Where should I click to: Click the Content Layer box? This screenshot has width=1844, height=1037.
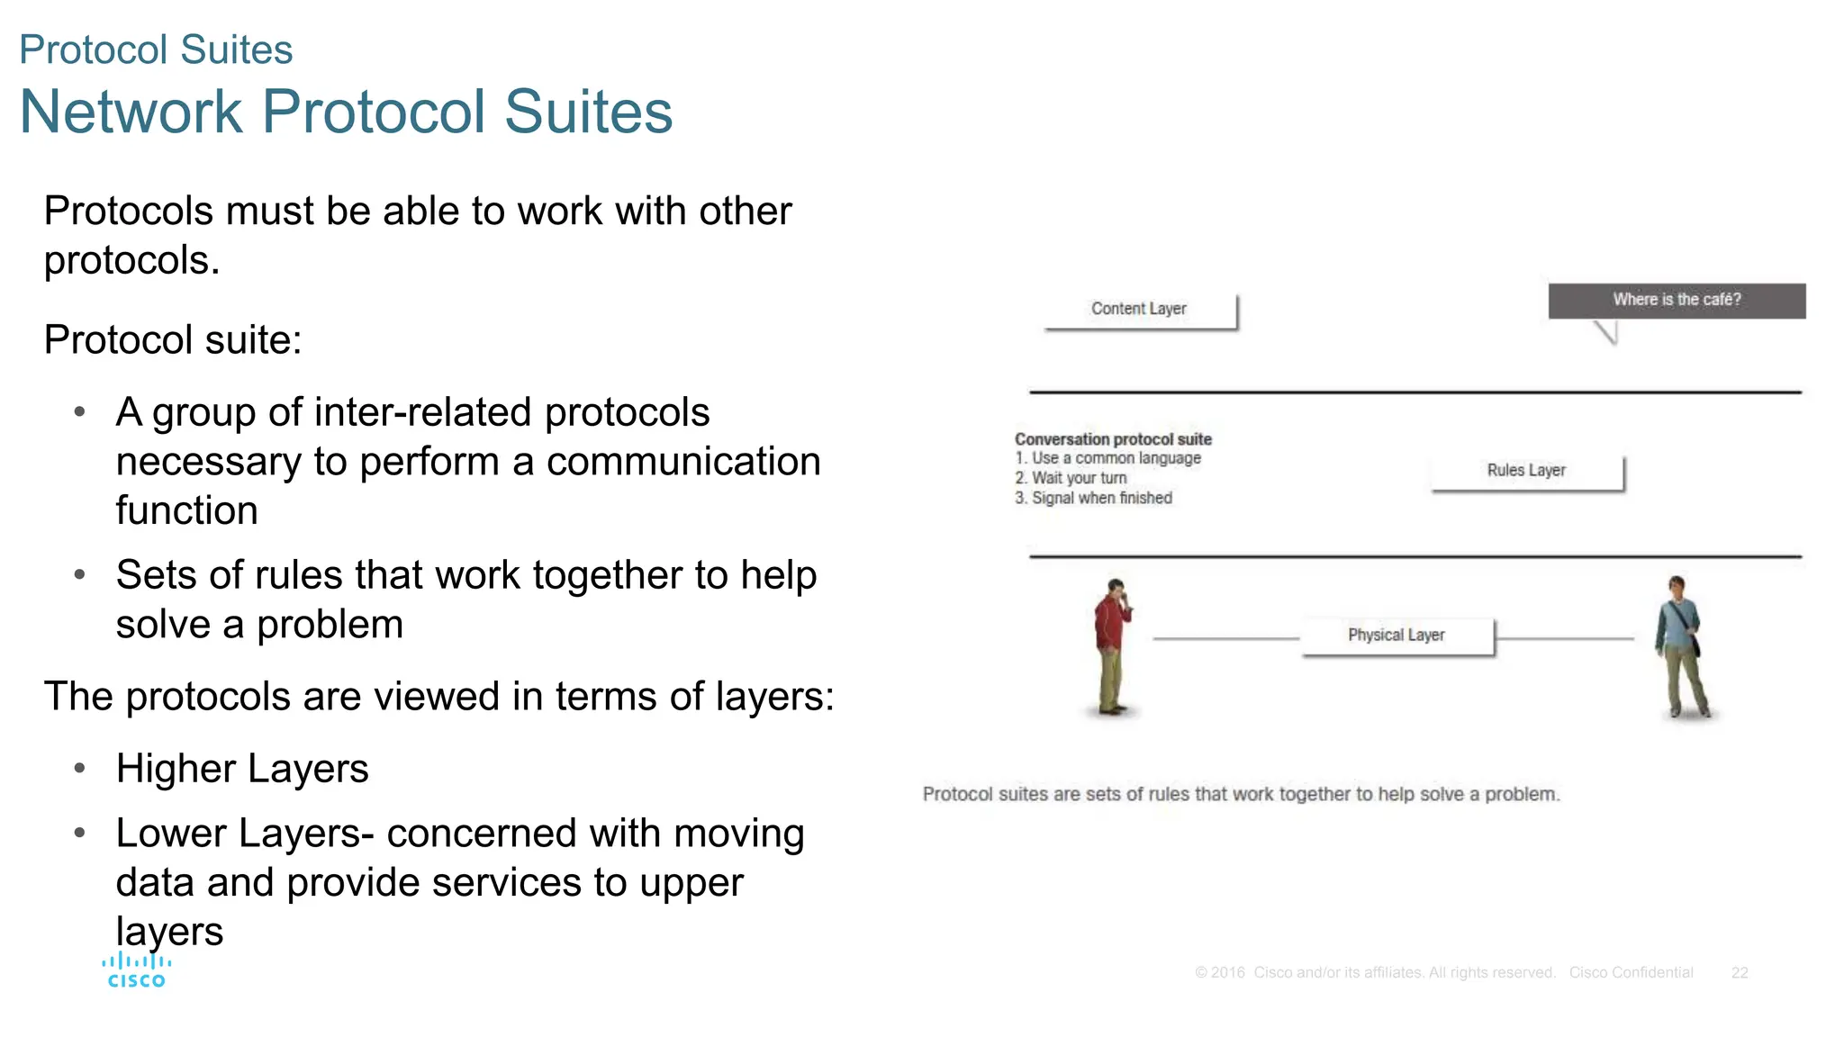click(1140, 310)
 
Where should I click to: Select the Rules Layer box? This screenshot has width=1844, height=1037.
click(1527, 471)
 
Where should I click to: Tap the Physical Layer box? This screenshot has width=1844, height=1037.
click(1397, 636)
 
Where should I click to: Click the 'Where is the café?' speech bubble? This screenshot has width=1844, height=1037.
click(1677, 300)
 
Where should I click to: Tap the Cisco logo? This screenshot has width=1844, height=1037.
click(136, 971)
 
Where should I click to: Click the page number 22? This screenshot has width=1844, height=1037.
click(1740, 973)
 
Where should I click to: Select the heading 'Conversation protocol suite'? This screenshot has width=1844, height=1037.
click(1113, 439)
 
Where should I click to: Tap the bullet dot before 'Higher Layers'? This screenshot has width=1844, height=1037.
click(80, 768)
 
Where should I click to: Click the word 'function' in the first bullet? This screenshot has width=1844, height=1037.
click(187, 510)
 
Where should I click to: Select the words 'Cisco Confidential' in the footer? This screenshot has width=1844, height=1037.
click(1631, 973)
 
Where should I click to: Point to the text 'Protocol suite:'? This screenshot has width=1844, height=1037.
click(173, 340)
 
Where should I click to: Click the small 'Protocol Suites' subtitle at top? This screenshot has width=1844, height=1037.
click(156, 50)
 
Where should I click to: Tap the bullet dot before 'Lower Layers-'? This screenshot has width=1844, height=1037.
click(80, 833)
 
